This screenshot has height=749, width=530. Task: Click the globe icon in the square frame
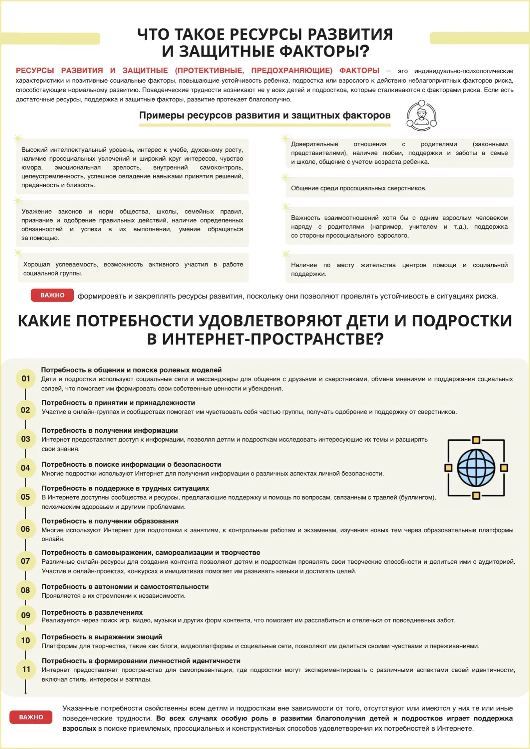[476, 468]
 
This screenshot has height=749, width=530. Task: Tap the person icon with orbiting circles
[421, 115]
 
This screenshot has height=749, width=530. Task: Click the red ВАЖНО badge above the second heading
[52, 295]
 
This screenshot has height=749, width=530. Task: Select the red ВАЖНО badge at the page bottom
[31, 717]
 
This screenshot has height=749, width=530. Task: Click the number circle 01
[26, 378]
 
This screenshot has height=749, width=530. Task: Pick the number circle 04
[25, 468]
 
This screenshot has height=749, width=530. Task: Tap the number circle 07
[25, 561]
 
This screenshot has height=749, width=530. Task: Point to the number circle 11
[26, 669]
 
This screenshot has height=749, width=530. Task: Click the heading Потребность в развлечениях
[92, 612]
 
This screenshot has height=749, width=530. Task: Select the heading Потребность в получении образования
[110, 521]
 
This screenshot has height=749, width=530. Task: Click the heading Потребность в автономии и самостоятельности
[125, 587]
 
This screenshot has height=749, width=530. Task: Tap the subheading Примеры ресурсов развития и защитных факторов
[265, 115]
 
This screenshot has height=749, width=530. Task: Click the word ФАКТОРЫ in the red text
[359, 71]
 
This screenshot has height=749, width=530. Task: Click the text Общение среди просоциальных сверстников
[359, 188]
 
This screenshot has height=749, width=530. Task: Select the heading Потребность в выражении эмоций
[102, 637]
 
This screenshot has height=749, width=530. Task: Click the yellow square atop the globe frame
[476, 440]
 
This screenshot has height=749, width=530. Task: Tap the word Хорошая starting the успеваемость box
[36, 264]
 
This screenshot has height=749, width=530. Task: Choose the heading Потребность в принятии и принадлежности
[118, 403]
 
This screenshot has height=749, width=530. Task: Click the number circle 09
[26, 615]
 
